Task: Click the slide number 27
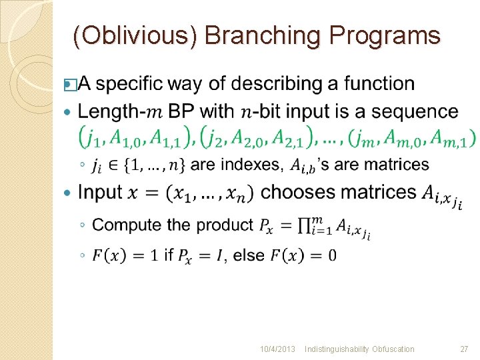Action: click(x=464, y=349)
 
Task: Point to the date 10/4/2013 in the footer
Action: click(x=278, y=349)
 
